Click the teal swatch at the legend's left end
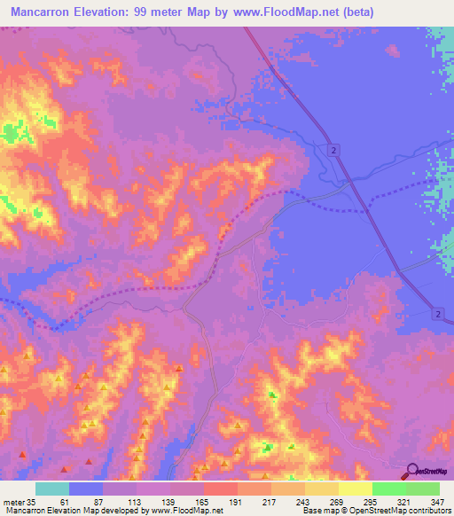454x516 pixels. click(52, 489)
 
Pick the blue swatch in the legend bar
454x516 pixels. click(86, 489)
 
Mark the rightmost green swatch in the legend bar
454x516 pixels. click(422, 489)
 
